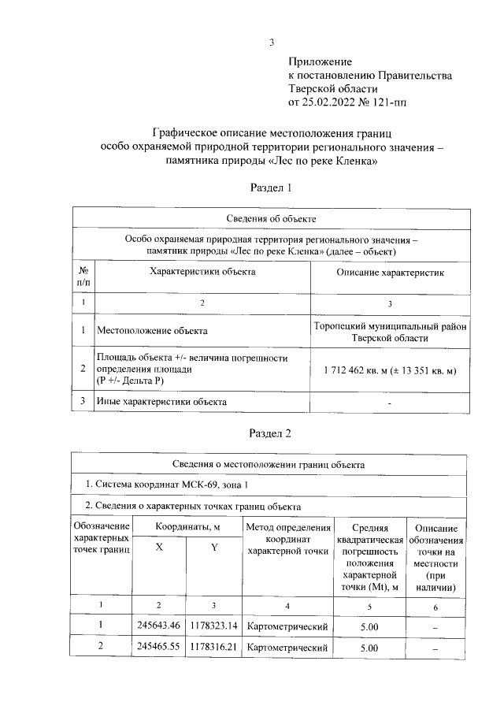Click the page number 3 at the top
(271, 43)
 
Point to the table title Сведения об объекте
(271, 218)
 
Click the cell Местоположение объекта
(152, 331)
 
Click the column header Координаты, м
(187, 526)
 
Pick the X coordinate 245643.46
(159, 626)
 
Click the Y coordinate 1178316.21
(213, 648)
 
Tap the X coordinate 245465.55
(159, 648)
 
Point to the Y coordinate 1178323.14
(213, 626)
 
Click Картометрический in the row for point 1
(287, 626)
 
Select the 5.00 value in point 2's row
(369, 648)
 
